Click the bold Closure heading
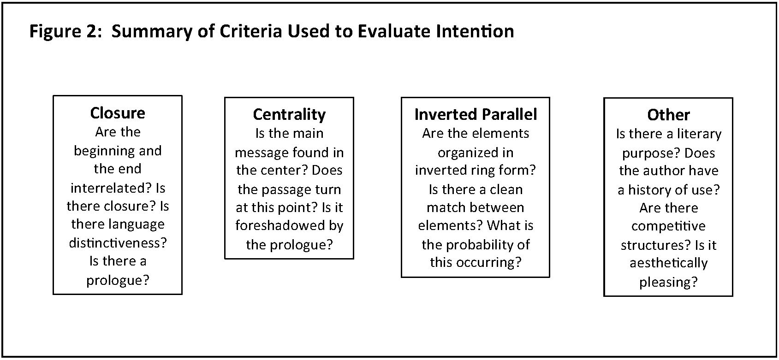[118, 113]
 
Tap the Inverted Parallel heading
[476, 114]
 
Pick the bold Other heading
[668, 115]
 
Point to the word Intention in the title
[475, 31]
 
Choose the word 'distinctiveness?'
[118, 242]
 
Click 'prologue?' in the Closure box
[118, 280]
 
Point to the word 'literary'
[699, 134]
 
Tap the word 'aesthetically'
[668, 263]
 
